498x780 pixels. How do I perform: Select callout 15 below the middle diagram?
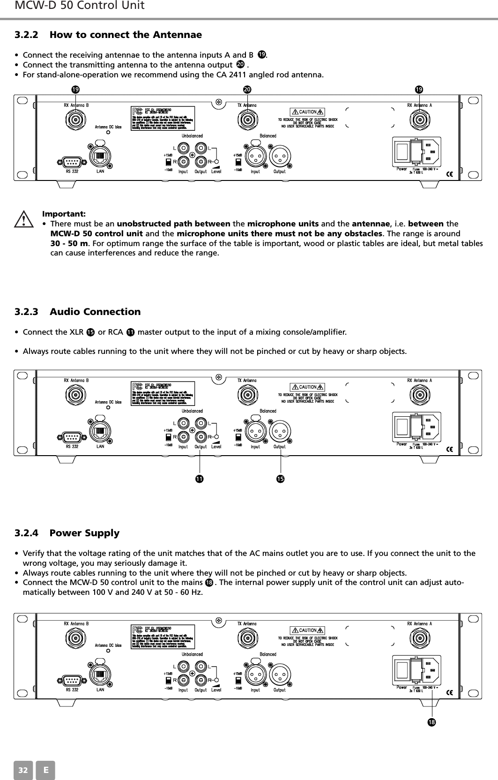[280, 479]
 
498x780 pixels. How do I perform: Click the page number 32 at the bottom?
[22, 770]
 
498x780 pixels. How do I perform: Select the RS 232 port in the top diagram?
[72, 162]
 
